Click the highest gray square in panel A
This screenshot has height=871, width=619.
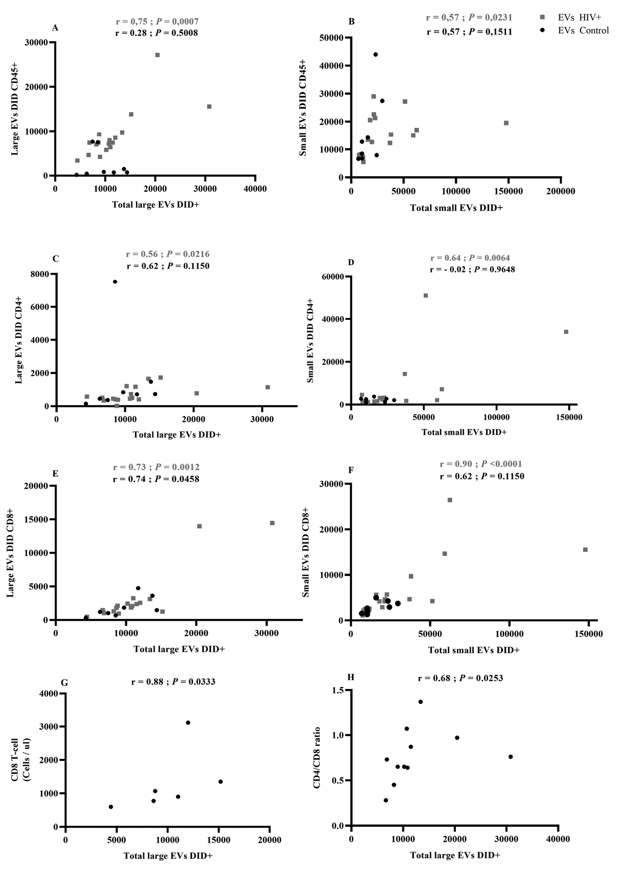[157, 55]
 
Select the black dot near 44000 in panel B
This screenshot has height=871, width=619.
[376, 55]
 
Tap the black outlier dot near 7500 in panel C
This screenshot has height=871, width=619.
[115, 281]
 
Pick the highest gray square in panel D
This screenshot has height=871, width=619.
[426, 295]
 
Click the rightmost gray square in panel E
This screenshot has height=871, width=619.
[272, 523]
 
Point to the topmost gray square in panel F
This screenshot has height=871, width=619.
[450, 500]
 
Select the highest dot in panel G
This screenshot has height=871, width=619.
[188, 722]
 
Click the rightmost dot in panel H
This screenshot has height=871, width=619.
[511, 757]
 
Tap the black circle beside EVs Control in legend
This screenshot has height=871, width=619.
[542, 30]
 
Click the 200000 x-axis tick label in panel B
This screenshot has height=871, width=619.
[560, 191]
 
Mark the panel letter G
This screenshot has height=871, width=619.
[64, 683]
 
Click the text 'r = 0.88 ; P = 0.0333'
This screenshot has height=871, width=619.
[173, 682]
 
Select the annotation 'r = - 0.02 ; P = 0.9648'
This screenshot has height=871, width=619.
[472, 269]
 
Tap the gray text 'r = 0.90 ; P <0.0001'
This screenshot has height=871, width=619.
[481, 464]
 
